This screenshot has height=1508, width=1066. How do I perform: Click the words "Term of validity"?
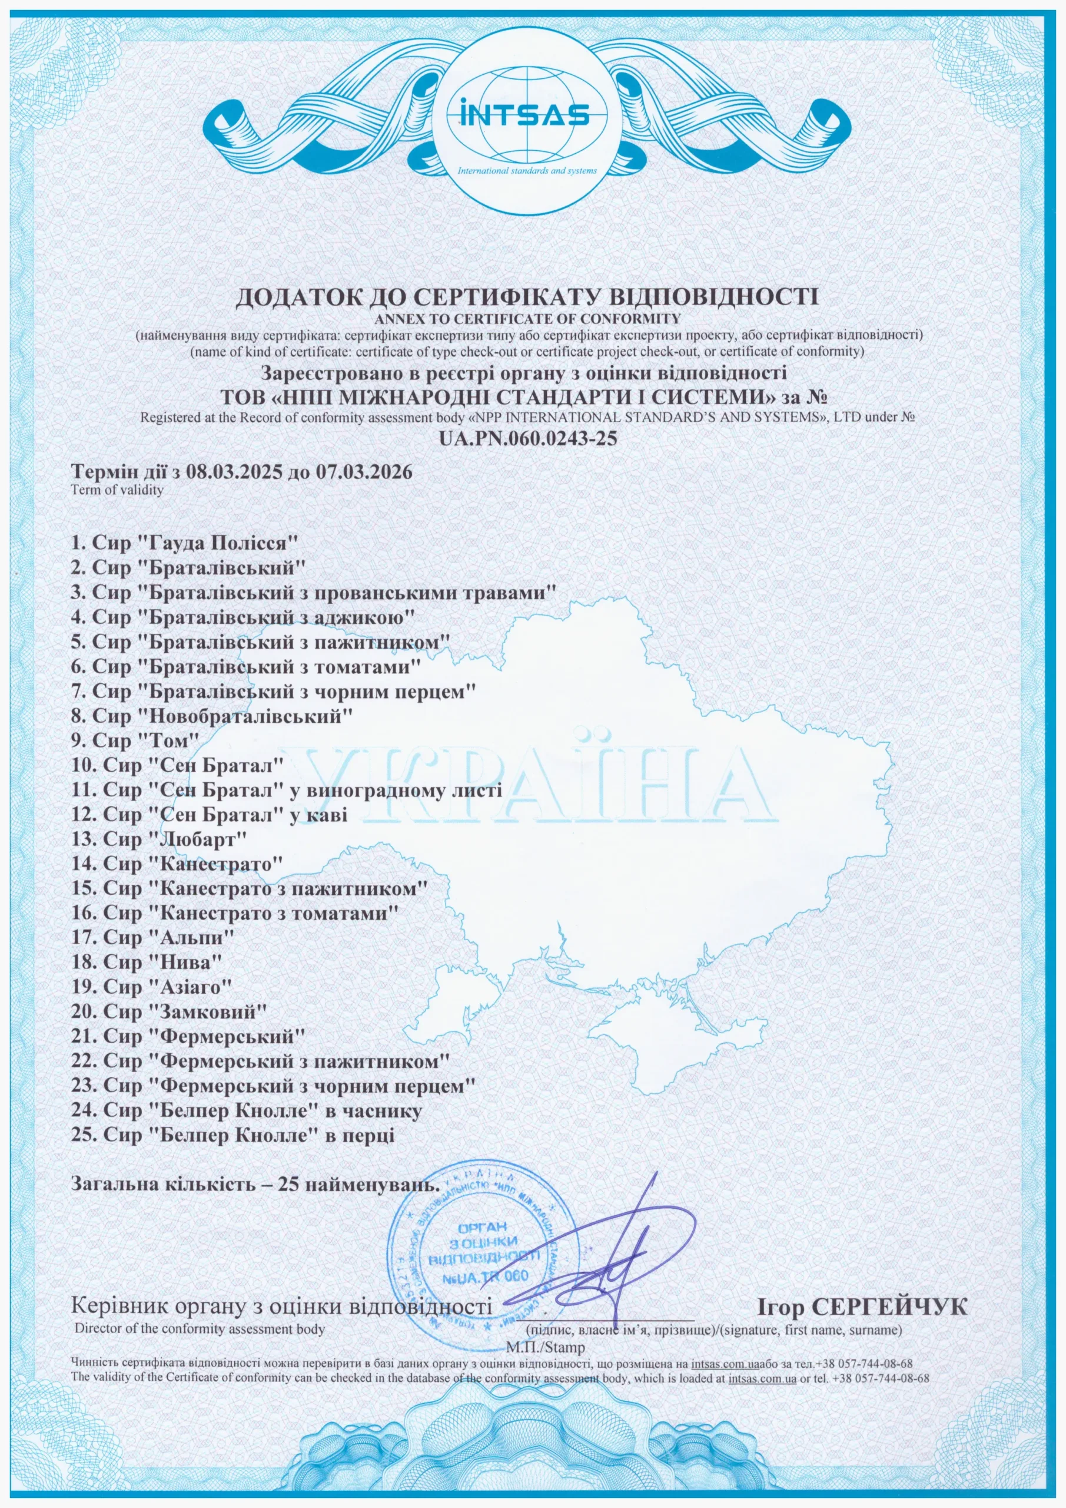point(118,491)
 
